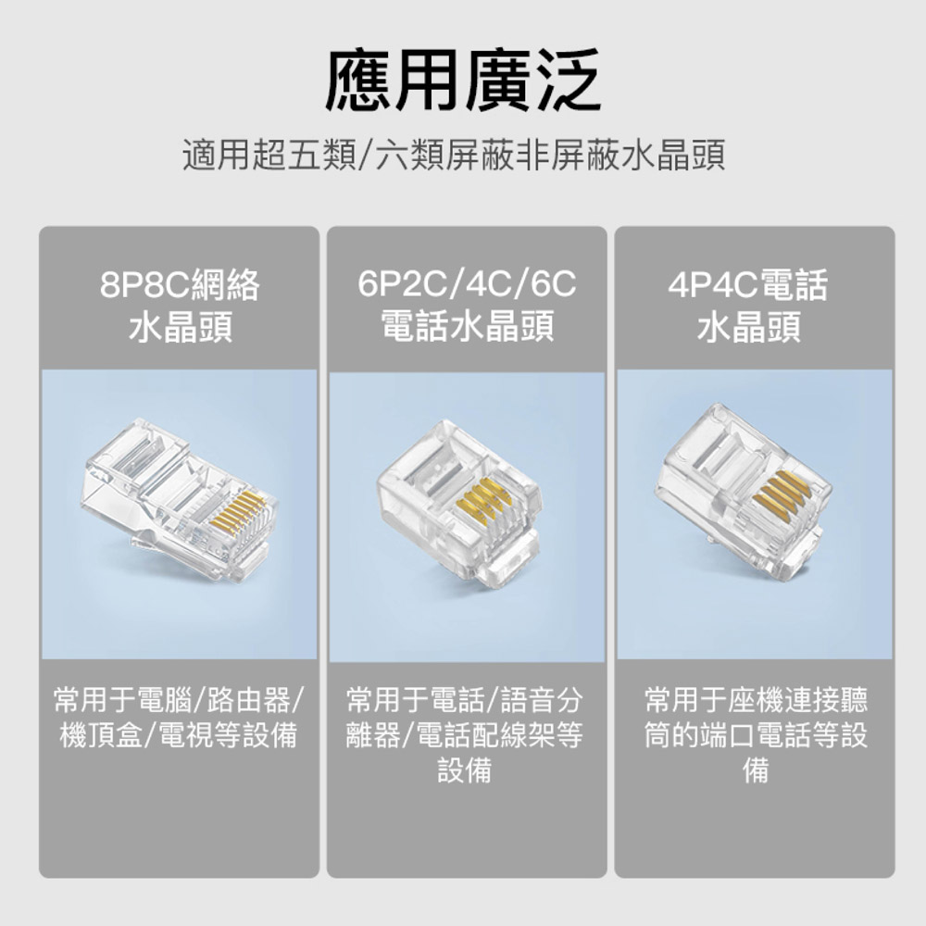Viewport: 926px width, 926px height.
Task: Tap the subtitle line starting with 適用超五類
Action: coord(454,156)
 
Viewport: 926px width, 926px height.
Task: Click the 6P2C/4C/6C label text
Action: coord(467,284)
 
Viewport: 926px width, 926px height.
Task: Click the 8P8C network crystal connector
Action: coord(178,500)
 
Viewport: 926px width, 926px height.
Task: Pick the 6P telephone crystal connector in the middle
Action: coord(459,502)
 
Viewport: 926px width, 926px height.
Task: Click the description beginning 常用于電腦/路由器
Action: coord(179,718)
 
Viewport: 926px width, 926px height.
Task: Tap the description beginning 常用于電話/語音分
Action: coord(465,735)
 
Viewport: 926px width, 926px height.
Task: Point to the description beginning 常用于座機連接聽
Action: coord(756,735)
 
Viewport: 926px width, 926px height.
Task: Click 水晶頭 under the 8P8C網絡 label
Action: coord(181,328)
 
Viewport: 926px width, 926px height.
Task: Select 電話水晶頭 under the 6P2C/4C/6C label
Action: coord(467,327)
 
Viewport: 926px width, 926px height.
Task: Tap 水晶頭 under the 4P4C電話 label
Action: coord(749,328)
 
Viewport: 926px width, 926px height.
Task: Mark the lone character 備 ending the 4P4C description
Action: coord(756,770)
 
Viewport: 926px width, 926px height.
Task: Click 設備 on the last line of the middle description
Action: coord(465,770)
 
